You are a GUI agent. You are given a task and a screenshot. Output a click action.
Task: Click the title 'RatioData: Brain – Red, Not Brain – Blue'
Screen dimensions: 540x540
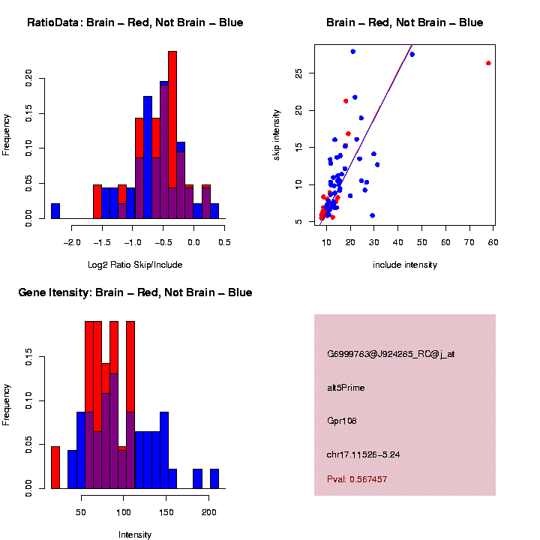pos(135,23)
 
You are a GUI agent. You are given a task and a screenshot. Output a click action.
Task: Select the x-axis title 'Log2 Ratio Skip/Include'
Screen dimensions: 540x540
pos(135,265)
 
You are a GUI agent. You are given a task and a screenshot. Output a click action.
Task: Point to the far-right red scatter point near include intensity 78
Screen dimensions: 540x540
pos(488,63)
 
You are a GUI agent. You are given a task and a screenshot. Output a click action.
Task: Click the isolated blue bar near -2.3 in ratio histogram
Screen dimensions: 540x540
pos(55,211)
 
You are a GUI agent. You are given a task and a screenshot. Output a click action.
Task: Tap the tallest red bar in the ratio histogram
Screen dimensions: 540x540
pos(172,135)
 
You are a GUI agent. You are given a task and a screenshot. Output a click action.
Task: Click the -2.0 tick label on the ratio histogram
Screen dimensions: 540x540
pos(72,242)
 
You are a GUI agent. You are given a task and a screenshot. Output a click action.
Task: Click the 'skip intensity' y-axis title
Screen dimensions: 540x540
pos(277,133)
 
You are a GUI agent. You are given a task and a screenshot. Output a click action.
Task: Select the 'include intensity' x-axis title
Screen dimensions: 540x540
pos(405,265)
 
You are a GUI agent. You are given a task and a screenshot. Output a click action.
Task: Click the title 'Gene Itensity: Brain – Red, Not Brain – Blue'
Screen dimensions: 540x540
pos(135,292)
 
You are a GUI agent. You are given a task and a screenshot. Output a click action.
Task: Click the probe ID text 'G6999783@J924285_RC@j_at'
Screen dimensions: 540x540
pos(391,354)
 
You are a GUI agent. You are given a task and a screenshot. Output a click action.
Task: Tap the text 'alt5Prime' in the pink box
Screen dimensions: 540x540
pos(346,388)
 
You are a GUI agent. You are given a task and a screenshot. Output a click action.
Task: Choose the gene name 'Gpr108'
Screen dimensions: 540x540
pos(342,421)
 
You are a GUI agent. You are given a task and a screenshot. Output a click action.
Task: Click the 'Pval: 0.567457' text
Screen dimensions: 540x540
pos(357,479)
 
